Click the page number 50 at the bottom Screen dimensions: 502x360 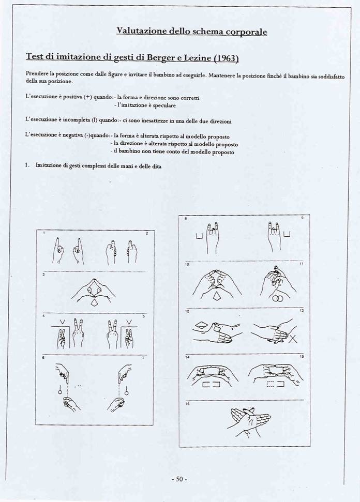(179, 479)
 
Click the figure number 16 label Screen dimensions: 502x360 (187, 403)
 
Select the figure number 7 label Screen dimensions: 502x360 (144, 358)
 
